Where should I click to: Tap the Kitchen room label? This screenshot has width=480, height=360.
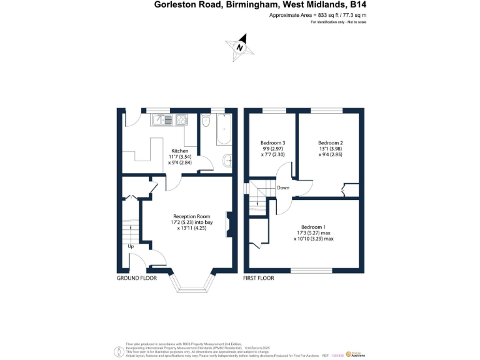coord(179,151)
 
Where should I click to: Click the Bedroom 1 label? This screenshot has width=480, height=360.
coord(313,227)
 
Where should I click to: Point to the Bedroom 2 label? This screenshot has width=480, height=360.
coord(330,142)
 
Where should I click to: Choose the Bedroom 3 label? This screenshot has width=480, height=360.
coord(272,142)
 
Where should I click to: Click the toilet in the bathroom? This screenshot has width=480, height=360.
coord(206,121)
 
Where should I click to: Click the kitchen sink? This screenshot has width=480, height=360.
coord(160,119)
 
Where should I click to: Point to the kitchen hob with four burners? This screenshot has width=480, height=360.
coord(179,119)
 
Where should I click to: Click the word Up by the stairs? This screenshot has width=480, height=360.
coord(131,246)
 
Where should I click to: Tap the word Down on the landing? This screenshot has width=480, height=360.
coord(283,187)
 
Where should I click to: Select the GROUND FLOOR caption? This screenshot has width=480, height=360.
coord(136,277)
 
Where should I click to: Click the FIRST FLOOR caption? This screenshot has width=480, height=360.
coord(259,277)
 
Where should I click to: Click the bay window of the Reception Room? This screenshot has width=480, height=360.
coord(192,287)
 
